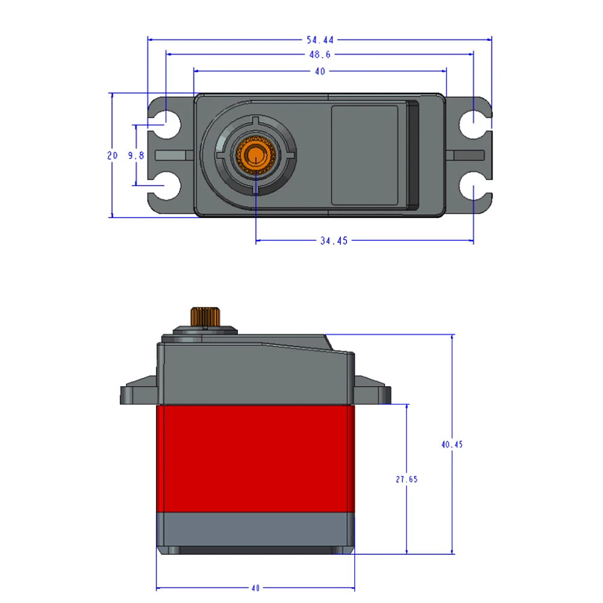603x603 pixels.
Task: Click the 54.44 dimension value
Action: point(319,40)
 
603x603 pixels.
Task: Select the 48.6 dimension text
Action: point(319,55)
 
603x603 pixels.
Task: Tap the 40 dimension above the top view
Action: point(319,71)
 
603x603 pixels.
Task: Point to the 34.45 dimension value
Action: point(334,241)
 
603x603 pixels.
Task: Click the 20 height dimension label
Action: point(113,155)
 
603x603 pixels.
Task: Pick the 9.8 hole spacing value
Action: point(136,155)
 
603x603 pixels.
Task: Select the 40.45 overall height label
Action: point(452,445)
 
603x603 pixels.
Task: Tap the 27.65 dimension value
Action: point(407,480)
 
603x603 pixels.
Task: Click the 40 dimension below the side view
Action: point(255,588)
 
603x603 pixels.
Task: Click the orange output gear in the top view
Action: point(255,155)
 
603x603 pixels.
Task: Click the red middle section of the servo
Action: point(255,458)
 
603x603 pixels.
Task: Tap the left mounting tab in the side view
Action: point(139,393)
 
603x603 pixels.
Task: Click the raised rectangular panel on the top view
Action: point(365,155)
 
